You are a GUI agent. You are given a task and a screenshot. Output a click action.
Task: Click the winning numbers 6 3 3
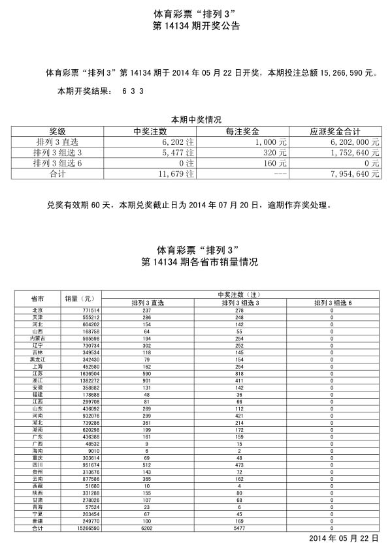[x=133, y=91]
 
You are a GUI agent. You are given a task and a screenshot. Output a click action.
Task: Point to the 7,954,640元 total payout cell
[x=355, y=174]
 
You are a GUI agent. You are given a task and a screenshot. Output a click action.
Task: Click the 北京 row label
[x=37, y=311]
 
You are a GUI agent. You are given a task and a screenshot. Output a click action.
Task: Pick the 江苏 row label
[x=37, y=373]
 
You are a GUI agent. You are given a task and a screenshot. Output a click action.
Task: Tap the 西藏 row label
[x=37, y=486]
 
